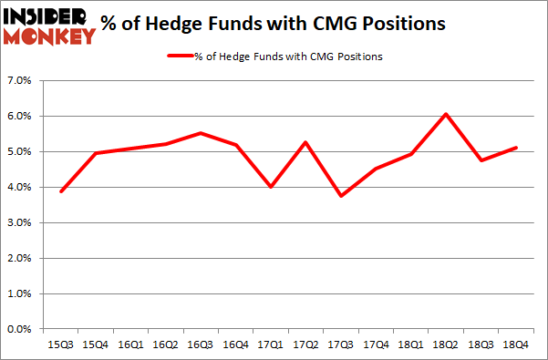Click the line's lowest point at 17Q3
click(342, 196)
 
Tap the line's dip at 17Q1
click(271, 187)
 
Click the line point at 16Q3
click(200, 133)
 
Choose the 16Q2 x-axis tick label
click(164, 345)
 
